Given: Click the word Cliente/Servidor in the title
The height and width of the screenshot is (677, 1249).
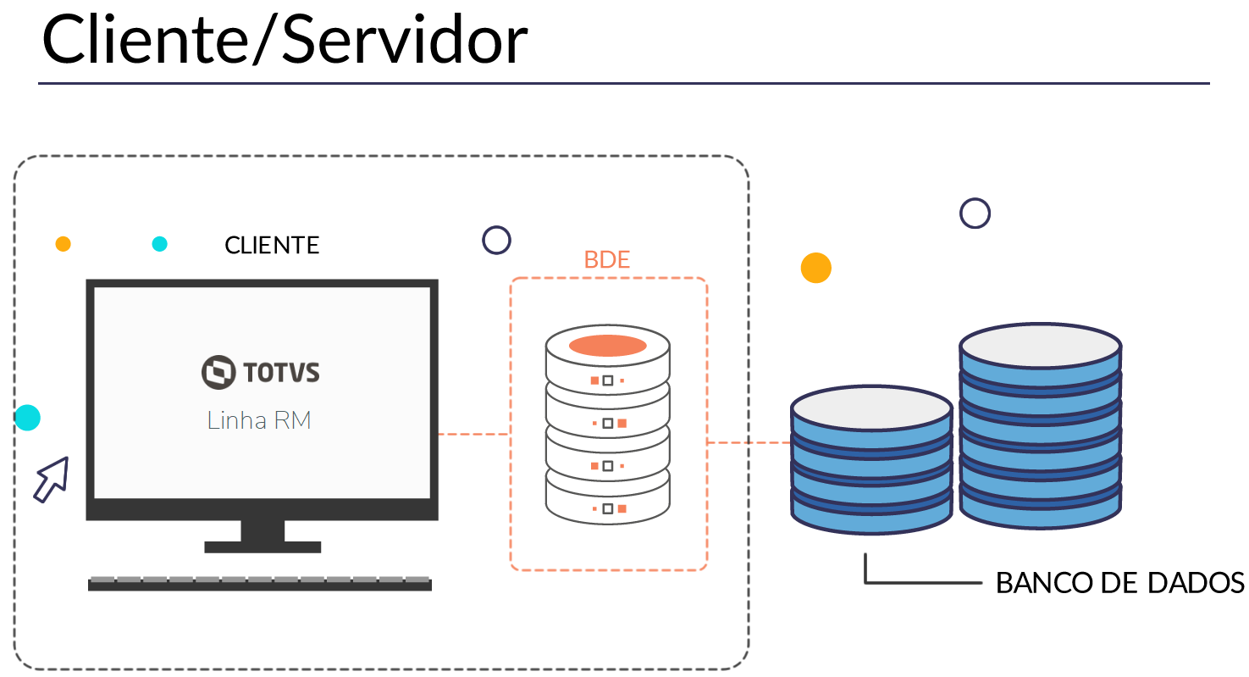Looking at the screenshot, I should coord(285,40).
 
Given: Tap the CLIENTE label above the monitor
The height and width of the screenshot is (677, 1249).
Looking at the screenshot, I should coord(272,246).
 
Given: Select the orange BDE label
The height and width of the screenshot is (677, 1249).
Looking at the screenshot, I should coord(607,259).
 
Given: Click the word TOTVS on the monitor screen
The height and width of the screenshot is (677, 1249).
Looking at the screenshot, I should coord(281,372).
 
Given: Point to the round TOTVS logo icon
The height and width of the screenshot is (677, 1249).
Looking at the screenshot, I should coord(218,372).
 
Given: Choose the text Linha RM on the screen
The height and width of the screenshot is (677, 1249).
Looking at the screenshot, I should coord(259,420).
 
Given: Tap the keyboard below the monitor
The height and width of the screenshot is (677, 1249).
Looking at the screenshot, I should coord(260,583).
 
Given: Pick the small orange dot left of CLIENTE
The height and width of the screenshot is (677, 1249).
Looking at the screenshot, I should coord(63,244).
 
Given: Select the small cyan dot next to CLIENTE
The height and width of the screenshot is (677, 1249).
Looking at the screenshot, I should coord(159,244).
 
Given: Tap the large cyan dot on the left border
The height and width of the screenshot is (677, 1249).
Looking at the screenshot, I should coord(28,418).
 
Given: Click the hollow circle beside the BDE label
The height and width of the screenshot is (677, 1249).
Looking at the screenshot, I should coord(496,240).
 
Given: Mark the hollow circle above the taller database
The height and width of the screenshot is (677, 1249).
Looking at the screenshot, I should coord(975,214).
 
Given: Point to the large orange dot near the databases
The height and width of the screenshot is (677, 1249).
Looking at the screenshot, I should coord(816,268).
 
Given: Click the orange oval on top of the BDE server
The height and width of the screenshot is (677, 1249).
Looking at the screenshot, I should coord(608,346).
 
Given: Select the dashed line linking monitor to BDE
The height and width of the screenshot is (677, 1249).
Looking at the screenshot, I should coord(473,434).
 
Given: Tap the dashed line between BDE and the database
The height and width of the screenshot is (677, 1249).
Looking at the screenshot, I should coord(749,442).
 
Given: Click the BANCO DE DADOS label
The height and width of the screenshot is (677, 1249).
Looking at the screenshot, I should coord(1119,583).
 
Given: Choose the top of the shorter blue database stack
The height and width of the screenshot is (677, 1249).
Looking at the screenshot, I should coord(871,408).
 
